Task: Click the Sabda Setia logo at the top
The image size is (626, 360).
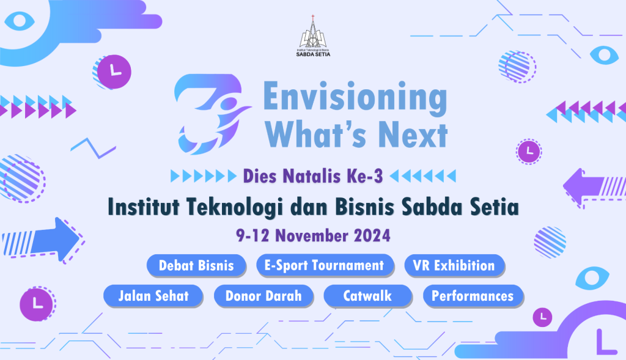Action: [314, 36]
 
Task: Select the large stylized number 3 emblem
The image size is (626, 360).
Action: [212, 114]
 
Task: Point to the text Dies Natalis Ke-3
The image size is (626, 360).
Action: [313, 176]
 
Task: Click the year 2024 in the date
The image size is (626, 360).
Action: [372, 235]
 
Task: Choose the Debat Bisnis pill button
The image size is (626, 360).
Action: [196, 265]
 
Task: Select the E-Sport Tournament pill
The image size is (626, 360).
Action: [325, 265]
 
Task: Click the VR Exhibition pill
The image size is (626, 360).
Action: [454, 265]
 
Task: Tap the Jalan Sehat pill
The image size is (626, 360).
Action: [153, 296]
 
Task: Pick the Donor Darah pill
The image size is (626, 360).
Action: [263, 296]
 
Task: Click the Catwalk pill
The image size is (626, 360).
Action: [367, 296]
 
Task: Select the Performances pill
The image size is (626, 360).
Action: [473, 296]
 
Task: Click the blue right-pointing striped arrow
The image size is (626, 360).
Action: [42, 240]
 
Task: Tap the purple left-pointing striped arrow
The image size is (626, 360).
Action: [595, 188]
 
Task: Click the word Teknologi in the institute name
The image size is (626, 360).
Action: [234, 207]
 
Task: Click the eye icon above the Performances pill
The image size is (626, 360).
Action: [592, 277]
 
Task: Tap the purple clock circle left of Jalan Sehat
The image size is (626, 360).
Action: [36, 304]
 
